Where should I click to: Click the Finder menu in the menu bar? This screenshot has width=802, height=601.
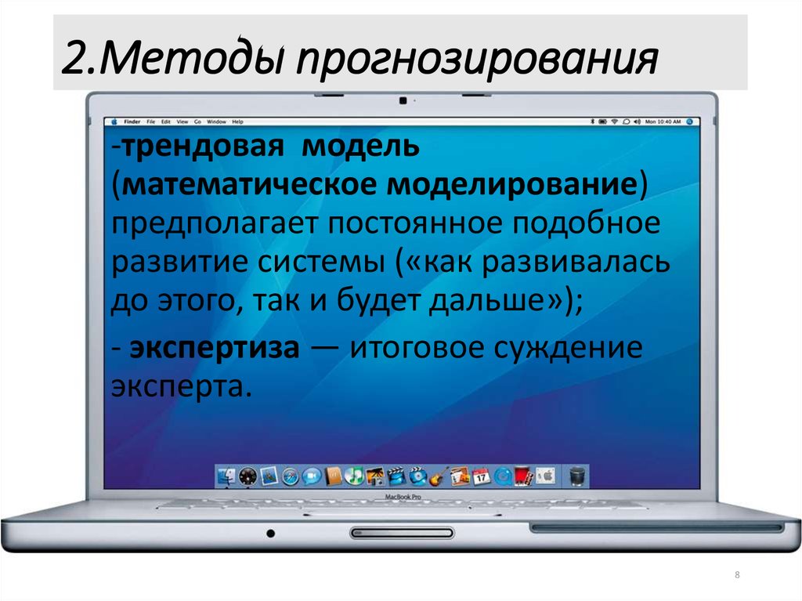click(x=132, y=122)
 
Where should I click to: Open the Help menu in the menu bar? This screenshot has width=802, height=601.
click(x=238, y=122)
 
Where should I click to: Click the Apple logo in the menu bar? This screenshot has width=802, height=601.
click(x=114, y=122)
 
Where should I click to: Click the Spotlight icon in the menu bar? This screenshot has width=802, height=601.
click(x=689, y=122)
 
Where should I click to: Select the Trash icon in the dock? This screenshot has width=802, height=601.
click(x=577, y=475)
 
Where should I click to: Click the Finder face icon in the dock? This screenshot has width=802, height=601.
click(x=227, y=475)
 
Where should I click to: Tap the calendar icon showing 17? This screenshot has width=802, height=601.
click(x=481, y=475)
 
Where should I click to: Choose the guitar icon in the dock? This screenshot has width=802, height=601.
click(x=439, y=475)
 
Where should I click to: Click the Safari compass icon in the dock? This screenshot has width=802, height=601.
click(x=291, y=475)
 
